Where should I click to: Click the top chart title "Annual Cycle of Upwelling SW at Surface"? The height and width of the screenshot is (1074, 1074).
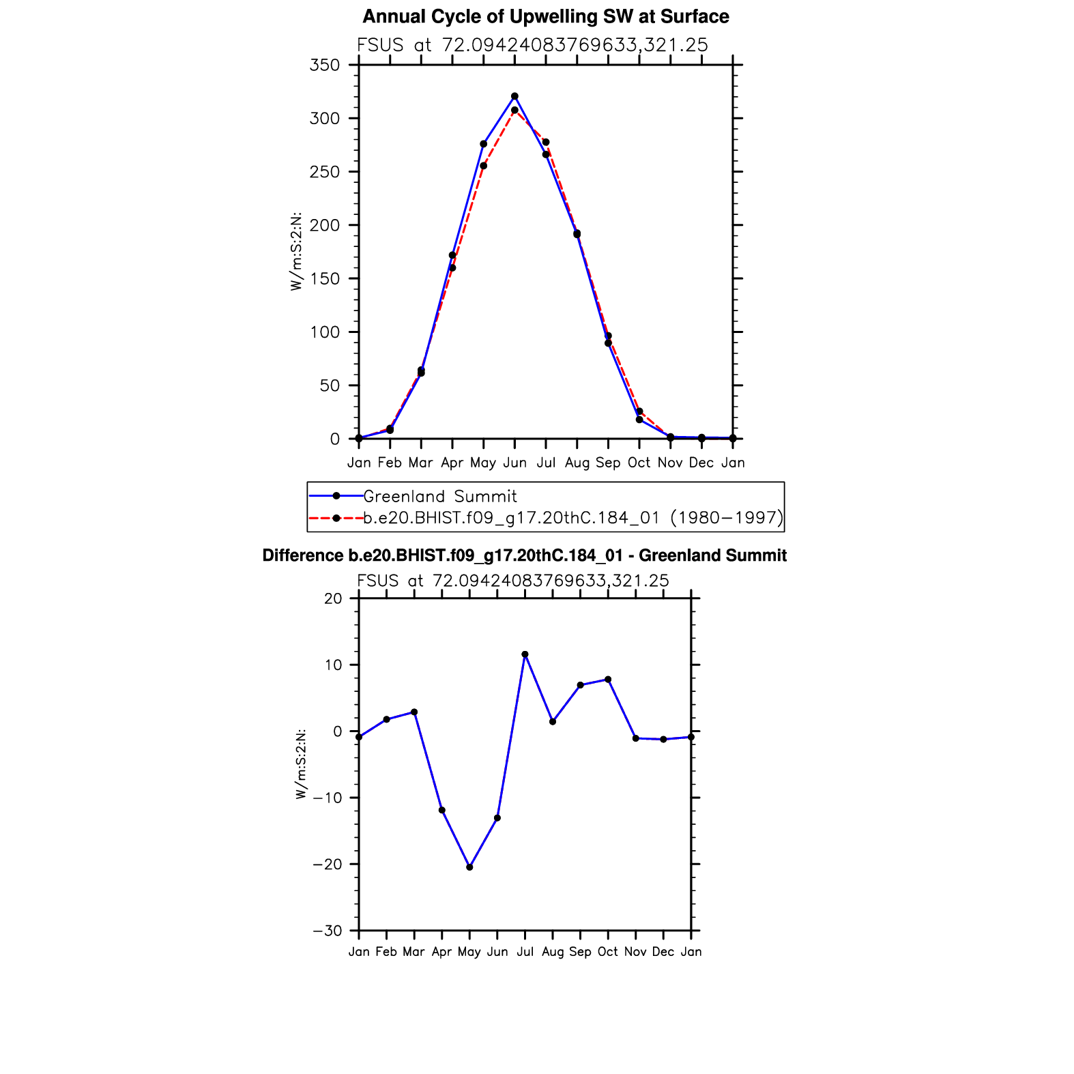(545, 16)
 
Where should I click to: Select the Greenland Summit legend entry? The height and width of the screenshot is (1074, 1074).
(439, 496)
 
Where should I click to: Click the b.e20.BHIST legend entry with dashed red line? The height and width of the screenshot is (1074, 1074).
(572, 518)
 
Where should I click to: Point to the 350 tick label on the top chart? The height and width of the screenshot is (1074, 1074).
(325, 66)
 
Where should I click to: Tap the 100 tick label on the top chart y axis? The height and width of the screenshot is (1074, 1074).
(325, 333)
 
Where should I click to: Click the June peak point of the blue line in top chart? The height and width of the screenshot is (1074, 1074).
(514, 97)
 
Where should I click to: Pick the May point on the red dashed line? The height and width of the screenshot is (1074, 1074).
(484, 166)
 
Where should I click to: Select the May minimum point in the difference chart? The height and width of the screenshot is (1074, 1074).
(469, 867)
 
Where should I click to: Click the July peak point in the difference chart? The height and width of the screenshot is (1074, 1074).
(525, 654)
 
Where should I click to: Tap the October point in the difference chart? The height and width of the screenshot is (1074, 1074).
(608, 680)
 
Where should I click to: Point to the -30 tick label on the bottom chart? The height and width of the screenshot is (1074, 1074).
(328, 931)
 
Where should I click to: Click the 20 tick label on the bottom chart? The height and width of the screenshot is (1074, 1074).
(333, 598)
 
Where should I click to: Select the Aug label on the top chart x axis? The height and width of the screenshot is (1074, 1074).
(577, 463)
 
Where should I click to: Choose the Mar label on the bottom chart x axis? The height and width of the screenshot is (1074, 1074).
(413, 952)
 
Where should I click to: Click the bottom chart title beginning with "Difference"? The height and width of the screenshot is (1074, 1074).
(524, 555)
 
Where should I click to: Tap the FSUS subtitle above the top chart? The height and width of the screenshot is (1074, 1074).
(532, 45)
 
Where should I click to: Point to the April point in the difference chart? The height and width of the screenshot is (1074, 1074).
(442, 811)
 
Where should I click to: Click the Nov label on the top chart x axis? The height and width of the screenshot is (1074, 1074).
(670, 463)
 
